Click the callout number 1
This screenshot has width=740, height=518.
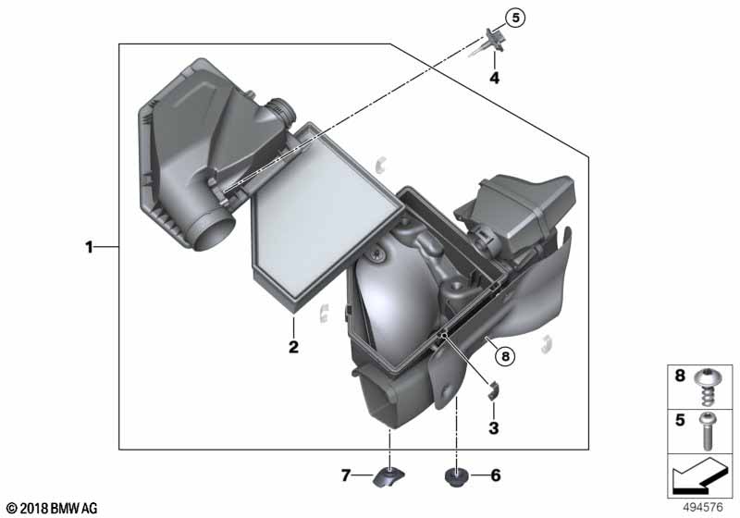click(x=89, y=247)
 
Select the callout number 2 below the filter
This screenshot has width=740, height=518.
click(x=293, y=347)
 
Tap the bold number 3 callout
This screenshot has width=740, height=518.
click(x=494, y=428)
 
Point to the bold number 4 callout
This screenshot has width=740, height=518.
click(x=494, y=78)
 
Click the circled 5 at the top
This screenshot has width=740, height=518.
click(x=515, y=18)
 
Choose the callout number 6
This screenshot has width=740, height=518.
click(x=496, y=475)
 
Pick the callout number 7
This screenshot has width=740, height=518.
click(x=346, y=475)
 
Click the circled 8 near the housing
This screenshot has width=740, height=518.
click(x=505, y=356)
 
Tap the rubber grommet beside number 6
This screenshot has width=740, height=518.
click(x=456, y=477)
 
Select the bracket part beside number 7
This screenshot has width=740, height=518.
click(x=388, y=477)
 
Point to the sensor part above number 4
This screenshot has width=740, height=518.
click(x=491, y=41)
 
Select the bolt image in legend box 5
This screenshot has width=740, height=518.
click(x=707, y=431)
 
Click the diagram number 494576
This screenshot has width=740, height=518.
click(x=703, y=507)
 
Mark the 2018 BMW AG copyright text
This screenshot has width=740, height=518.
click(x=53, y=508)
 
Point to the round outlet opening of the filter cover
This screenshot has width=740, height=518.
click(x=214, y=232)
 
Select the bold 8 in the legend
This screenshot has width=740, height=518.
click(x=680, y=376)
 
